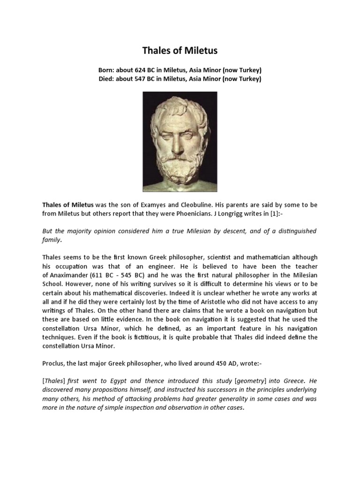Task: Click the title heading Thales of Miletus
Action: click(180, 51)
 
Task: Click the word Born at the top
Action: click(106, 70)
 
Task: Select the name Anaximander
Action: click(75, 275)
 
